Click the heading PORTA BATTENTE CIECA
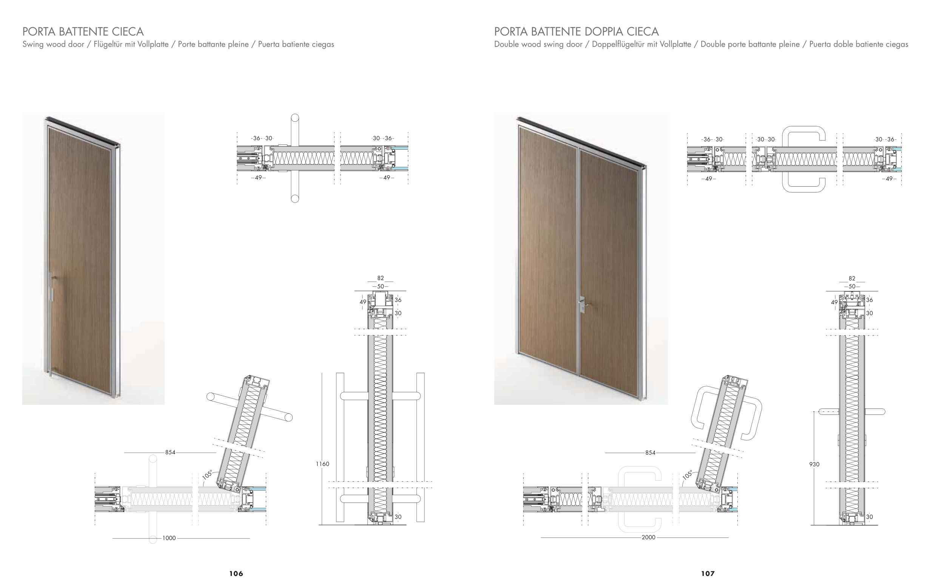click(x=83, y=31)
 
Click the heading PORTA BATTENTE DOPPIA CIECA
click(x=576, y=31)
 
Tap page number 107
click(x=708, y=573)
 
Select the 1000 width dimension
click(x=169, y=538)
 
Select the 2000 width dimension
click(x=648, y=537)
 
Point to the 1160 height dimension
click(x=322, y=464)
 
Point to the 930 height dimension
click(x=814, y=464)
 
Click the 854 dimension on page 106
click(x=170, y=452)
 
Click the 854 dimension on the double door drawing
click(x=650, y=452)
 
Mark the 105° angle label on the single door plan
click(x=208, y=474)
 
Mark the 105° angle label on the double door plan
click(x=688, y=474)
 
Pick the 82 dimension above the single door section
click(x=380, y=278)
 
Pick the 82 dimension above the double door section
click(x=852, y=278)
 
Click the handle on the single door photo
click(x=51, y=286)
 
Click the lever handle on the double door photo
click(x=583, y=305)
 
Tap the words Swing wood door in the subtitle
click(x=53, y=44)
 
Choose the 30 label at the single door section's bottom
click(x=398, y=517)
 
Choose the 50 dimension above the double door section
click(x=852, y=286)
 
